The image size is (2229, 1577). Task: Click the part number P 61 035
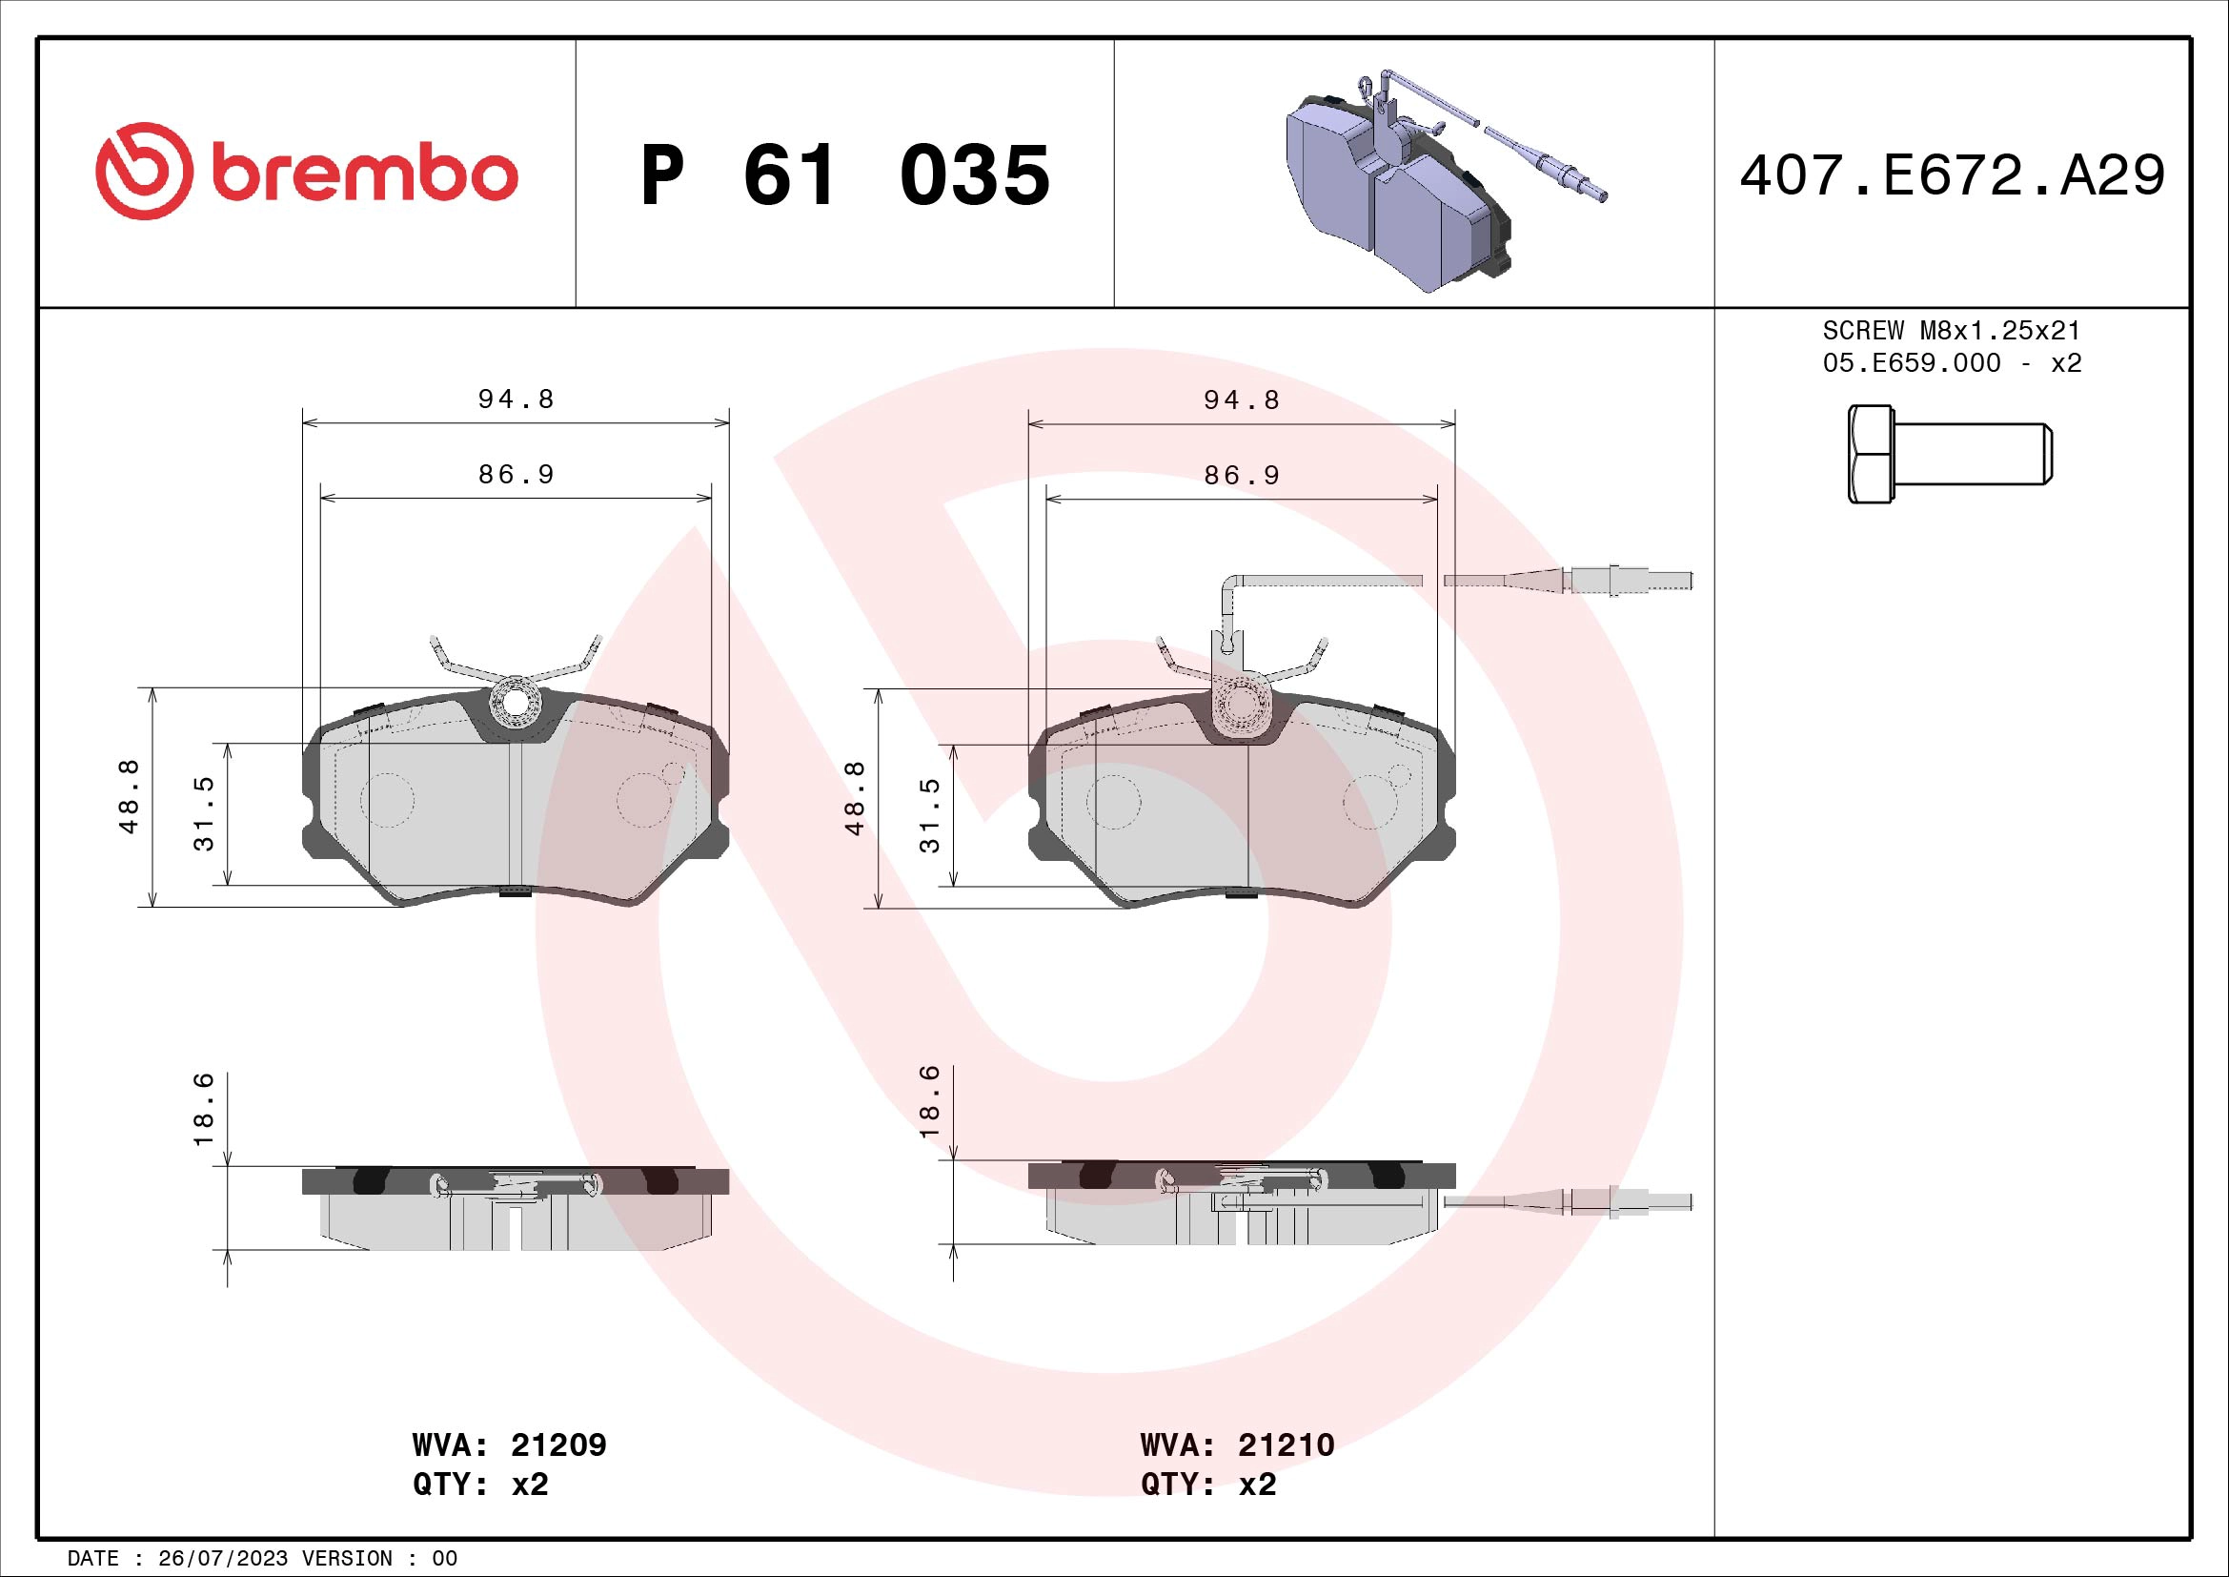click(x=844, y=175)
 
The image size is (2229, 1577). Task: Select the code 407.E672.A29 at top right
click(x=1952, y=175)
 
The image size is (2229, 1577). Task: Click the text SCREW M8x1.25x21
click(x=1952, y=330)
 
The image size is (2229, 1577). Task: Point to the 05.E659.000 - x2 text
click(x=1952, y=363)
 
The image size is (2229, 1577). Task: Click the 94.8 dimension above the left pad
click(x=516, y=399)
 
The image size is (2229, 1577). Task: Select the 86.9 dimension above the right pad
click(x=1242, y=475)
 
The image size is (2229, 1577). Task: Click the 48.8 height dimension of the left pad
click(x=129, y=796)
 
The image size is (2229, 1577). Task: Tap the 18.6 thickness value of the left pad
click(x=203, y=1109)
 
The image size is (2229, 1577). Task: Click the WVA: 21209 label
click(x=509, y=1444)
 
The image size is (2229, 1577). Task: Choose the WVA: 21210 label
click(x=1237, y=1444)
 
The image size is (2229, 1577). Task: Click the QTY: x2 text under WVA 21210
click(x=1207, y=1485)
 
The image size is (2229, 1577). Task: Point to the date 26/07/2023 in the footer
click(x=222, y=1559)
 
